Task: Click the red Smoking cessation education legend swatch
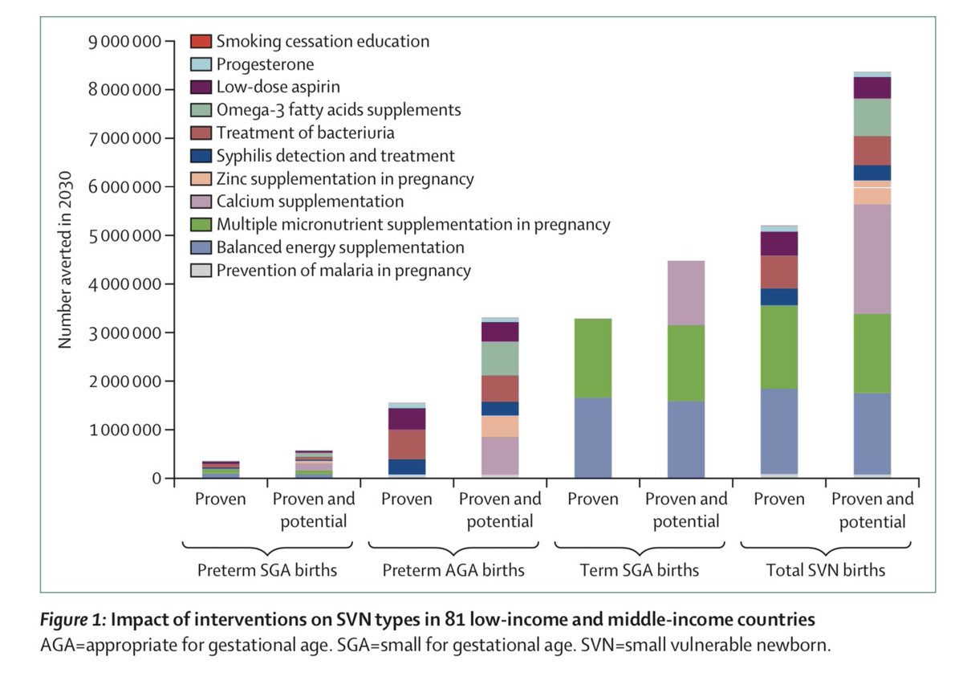click(x=201, y=41)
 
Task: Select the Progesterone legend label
click(x=265, y=64)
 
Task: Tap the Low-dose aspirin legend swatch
click(x=201, y=87)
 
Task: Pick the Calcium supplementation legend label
click(x=310, y=202)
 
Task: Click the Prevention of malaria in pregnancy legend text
click(x=343, y=271)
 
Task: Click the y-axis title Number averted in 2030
click(x=66, y=259)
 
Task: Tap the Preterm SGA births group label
click(x=267, y=571)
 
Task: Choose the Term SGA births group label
click(x=640, y=571)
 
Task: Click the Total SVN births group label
click(x=827, y=571)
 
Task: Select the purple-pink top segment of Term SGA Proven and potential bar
click(x=686, y=293)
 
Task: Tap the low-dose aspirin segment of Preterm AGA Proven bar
click(x=407, y=418)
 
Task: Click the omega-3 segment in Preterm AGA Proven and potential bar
click(x=500, y=358)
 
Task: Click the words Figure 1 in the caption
click(x=70, y=620)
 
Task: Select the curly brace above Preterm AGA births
click(x=453, y=546)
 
